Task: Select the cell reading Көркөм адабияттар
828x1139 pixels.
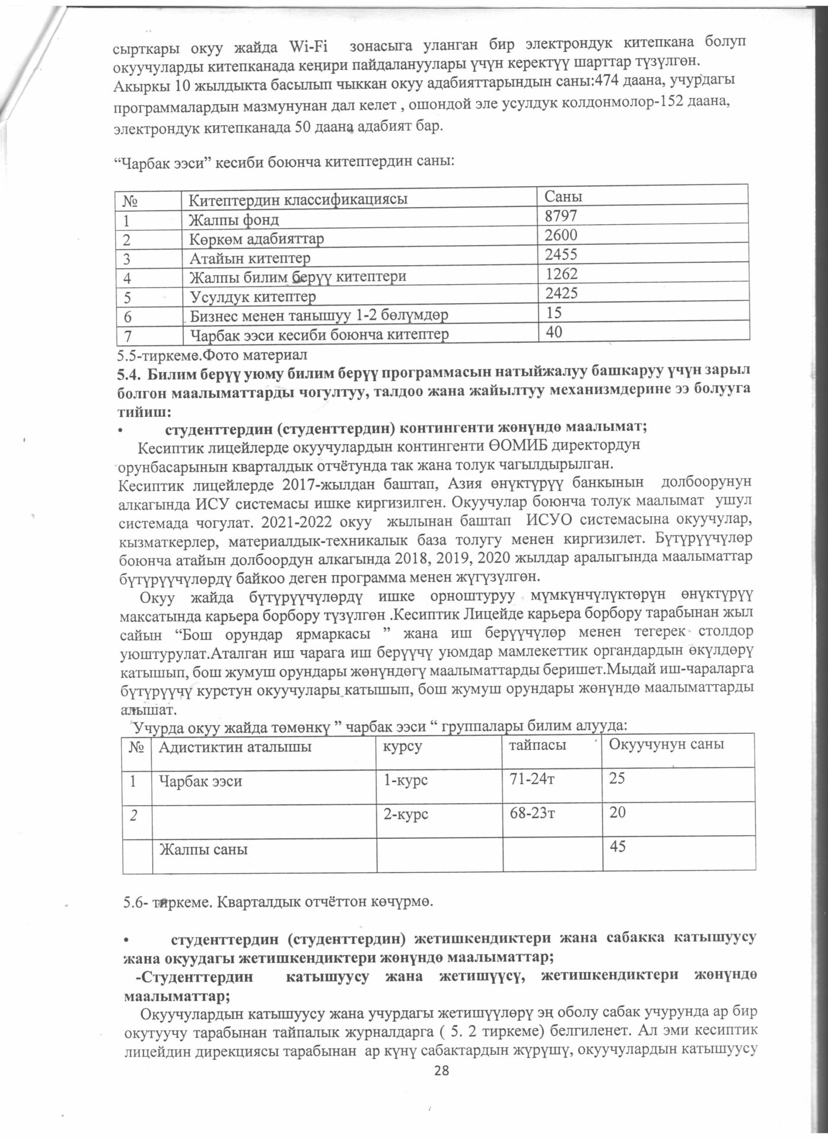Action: coord(257,239)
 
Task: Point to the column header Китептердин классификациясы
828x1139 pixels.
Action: coord(298,199)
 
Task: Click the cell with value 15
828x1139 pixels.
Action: coord(554,311)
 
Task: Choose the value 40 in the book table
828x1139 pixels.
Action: coord(555,332)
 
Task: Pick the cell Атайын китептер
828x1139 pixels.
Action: coord(249,258)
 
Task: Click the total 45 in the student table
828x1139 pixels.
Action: coord(618,847)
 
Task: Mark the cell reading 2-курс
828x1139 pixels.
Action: coord(406,815)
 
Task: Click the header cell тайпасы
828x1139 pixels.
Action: coord(534,745)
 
